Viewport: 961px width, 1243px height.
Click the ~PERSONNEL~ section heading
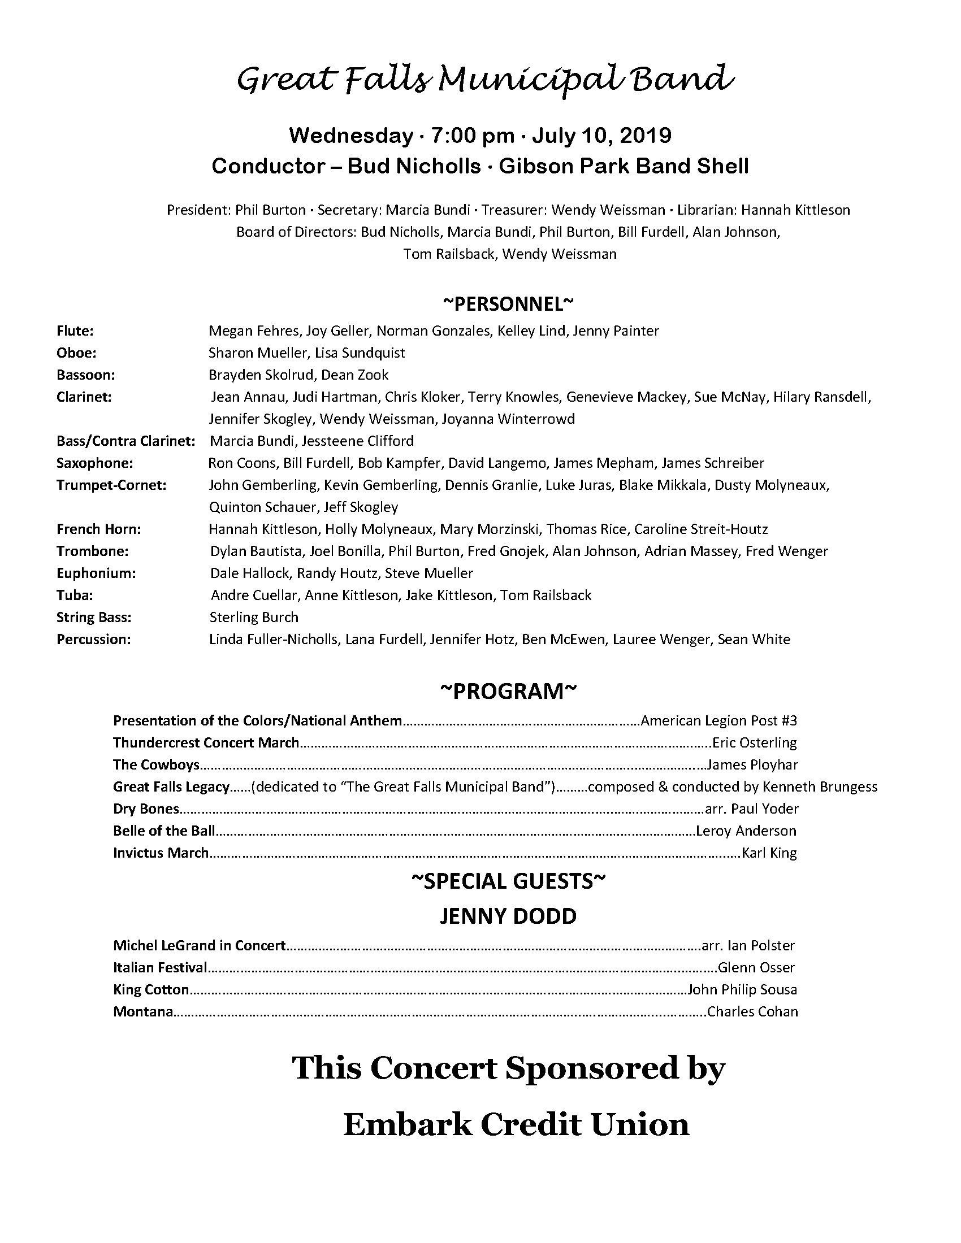coord(508,304)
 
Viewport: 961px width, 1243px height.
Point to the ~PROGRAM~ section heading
coord(508,691)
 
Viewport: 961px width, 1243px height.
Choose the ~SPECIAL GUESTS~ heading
coord(508,881)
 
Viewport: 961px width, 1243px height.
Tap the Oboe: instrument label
coord(76,353)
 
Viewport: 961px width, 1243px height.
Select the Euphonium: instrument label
coord(96,573)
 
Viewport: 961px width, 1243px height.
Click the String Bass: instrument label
coord(94,618)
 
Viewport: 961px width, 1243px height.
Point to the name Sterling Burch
coord(254,618)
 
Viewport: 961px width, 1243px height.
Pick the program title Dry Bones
coord(146,809)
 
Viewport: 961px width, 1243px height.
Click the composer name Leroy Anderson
coord(746,831)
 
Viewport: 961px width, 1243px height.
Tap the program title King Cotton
coord(151,990)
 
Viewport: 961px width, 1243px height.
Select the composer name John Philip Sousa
coord(742,990)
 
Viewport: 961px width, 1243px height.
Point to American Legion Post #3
coord(718,720)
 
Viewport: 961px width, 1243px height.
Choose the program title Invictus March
coord(161,853)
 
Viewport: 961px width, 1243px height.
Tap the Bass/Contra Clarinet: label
coord(126,441)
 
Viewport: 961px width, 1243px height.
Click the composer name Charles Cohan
coord(752,1012)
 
